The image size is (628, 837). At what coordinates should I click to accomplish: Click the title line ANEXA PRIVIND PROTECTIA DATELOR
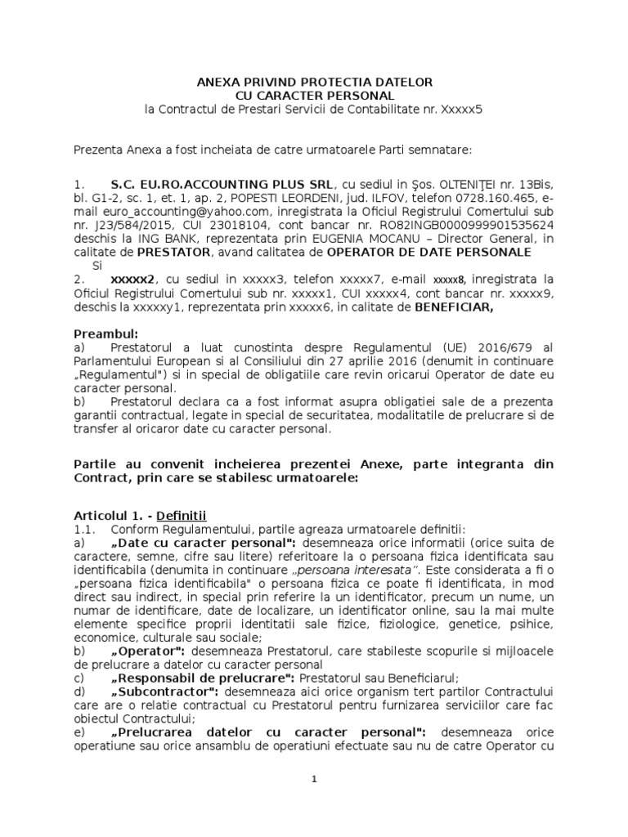coord(315,83)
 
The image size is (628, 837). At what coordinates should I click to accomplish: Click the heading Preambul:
coord(106,333)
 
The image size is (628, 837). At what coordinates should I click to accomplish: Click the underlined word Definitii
coord(183,515)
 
